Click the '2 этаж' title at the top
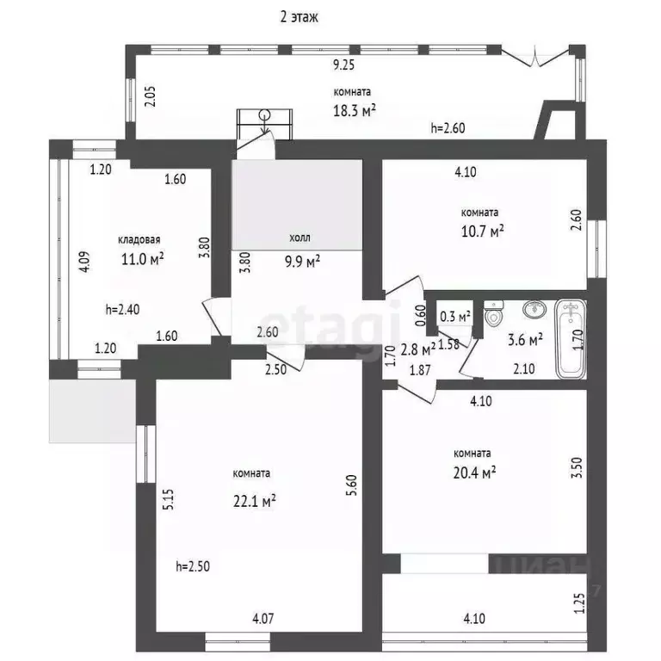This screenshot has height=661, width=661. point(300,16)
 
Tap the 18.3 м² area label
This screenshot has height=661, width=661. point(354,109)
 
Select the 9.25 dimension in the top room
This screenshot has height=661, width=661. point(344,65)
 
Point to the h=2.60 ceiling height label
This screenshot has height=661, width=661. point(449,128)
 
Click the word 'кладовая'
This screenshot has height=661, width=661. point(140,241)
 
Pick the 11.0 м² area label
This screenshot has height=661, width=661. point(141,257)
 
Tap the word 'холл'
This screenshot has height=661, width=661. point(300,238)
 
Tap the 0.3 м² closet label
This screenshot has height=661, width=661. point(455,317)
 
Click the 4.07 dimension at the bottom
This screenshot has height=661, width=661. point(264,616)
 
